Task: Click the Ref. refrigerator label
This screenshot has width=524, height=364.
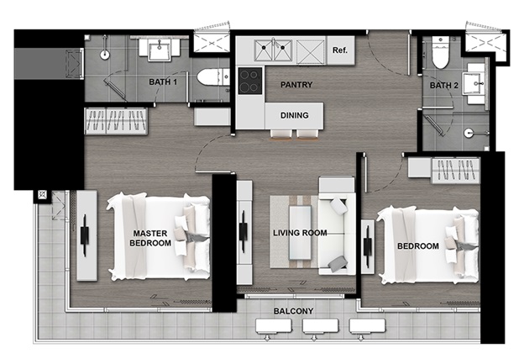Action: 340,50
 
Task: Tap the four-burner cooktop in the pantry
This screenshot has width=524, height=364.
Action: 249,81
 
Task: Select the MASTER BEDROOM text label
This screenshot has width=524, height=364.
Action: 150,238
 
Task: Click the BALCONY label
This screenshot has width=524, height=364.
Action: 293,311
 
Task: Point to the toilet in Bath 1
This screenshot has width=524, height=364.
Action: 212,77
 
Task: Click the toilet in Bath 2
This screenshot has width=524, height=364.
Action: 441,52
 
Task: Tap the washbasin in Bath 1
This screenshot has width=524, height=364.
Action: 160,50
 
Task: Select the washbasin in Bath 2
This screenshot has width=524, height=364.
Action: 474,83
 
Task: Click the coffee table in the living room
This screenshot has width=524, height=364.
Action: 300,232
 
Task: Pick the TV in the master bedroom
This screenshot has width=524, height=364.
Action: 85,236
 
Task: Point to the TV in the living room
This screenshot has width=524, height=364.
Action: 244,231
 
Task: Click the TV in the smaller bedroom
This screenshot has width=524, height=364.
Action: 368,246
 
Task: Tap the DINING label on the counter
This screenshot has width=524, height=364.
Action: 295,115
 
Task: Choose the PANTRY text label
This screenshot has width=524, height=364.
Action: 296,85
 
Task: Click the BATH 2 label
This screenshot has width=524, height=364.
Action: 443,86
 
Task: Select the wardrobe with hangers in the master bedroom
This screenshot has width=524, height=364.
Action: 116,121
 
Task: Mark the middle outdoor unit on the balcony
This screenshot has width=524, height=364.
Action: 320,326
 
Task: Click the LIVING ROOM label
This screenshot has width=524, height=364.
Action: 300,233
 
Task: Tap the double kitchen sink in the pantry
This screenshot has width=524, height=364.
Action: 273,50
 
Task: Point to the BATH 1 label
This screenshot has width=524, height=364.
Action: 163,82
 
